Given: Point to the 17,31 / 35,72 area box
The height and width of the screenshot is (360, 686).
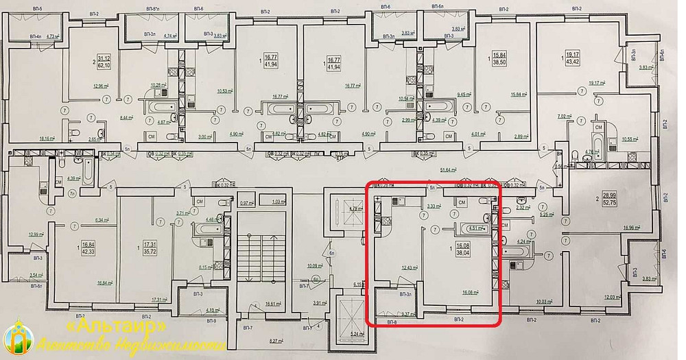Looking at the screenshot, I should (143, 248).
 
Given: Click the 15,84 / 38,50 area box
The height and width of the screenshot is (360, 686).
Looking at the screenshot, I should (499, 58).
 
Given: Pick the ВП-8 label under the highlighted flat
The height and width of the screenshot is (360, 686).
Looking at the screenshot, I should (392, 322).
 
